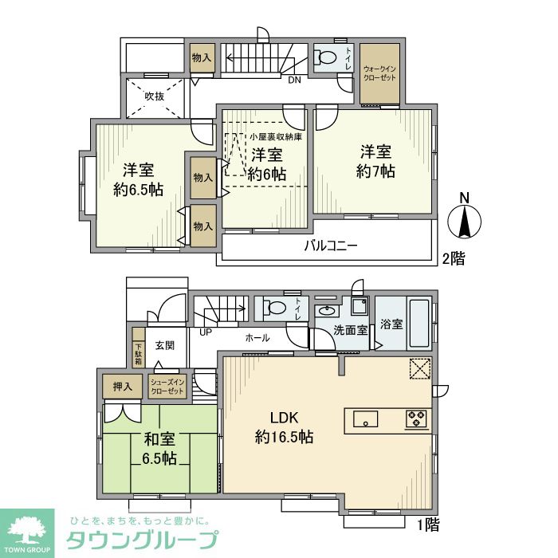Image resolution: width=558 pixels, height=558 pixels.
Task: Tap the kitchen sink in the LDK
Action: point(365,418)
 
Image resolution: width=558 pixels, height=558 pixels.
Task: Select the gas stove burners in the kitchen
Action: point(416,418)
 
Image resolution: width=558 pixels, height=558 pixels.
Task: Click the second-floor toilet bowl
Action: point(325,57)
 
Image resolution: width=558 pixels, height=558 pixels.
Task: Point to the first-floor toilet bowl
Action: point(274,308)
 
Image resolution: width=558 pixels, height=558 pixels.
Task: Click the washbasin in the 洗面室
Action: point(327,310)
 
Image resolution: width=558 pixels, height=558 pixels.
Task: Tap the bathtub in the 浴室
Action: point(419,324)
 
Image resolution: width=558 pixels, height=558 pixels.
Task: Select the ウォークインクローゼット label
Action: point(379,73)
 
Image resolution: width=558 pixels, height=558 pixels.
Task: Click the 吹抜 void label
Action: point(155,96)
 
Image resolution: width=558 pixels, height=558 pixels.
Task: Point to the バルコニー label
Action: point(331,246)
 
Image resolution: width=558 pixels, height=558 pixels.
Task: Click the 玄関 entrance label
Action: point(165,345)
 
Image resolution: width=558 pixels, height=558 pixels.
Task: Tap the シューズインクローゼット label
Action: point(167,387)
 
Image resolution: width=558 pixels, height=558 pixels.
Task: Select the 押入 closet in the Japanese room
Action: point(123,386)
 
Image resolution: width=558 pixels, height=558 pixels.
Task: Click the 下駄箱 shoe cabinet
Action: point(139,348)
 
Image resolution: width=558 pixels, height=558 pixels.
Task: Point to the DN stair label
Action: point(295,80)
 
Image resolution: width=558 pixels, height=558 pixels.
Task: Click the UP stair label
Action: point(206,332)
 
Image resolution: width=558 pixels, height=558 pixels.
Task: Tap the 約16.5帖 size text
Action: point(284,436)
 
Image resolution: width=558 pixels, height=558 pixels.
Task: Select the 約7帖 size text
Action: point(375,171)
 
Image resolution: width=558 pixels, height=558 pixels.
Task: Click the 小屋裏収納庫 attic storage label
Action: point(276,136)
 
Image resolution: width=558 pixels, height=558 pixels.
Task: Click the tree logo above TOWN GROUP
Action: point(27,529)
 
